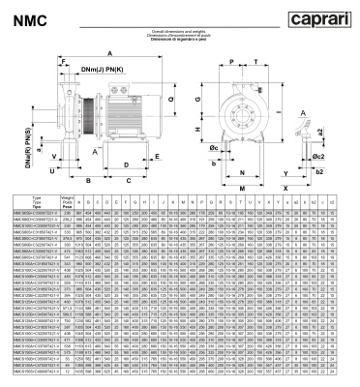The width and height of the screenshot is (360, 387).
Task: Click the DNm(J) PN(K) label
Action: [101, 70]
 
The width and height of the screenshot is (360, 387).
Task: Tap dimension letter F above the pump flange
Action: [63, 61]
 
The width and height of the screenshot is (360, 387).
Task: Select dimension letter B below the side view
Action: [88, 180]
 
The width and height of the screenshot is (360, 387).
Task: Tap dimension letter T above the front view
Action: [254, 59]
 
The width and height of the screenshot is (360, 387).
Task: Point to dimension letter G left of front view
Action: [197, 98]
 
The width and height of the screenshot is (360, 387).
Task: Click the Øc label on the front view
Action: [213, 148]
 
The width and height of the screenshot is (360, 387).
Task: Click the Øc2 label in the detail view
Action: [345, 155]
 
